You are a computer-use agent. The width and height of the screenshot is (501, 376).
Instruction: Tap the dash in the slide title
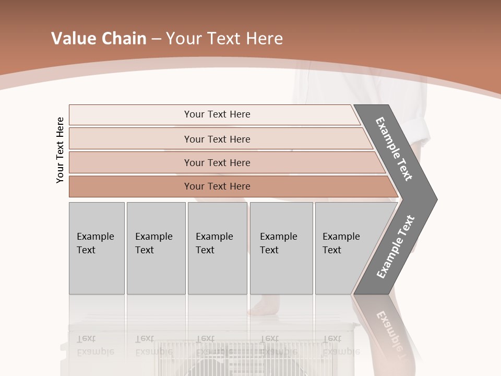tap(156, 39)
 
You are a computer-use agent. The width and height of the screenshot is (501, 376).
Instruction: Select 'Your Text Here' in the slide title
tap(224, 39)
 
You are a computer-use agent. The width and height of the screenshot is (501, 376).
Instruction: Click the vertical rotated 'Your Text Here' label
tap(60, 150)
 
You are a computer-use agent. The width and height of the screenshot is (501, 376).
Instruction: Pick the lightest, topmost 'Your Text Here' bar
tap(217, 114)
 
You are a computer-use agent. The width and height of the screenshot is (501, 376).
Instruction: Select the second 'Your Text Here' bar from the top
tap(217, 139)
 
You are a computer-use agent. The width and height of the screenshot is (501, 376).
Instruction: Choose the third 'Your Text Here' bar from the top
tap(217, 162)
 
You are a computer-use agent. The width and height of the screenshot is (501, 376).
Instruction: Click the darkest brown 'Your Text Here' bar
tap(217, 186)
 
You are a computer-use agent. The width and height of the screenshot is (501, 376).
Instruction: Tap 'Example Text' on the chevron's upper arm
tap(394, 149)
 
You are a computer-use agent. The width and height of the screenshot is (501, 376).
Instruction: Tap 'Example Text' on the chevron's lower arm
tap(395, 247)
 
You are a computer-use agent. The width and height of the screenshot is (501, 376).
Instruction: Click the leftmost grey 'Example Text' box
tap(97, 248)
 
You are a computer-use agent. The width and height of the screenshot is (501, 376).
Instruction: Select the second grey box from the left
tap(156, 248)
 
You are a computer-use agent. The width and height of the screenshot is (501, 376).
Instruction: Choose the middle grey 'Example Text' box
tap(217, 248)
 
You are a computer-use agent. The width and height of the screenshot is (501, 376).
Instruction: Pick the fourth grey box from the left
tap(281, 248)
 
